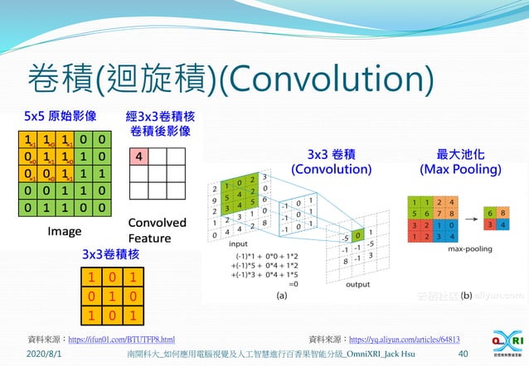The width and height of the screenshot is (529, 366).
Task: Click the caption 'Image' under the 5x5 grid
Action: (64, 231)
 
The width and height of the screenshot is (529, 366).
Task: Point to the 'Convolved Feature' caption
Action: (156, 229)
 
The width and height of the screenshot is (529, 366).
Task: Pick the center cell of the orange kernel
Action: (110, 296)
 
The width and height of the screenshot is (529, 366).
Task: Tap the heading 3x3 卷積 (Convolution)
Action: (332, 161)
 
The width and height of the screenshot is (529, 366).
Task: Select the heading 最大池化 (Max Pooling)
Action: (460, 161)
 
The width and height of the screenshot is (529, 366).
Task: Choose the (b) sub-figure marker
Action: (465, 294)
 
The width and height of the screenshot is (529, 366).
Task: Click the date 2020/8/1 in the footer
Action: (43, 354)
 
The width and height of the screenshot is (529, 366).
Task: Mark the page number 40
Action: (463, 354)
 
